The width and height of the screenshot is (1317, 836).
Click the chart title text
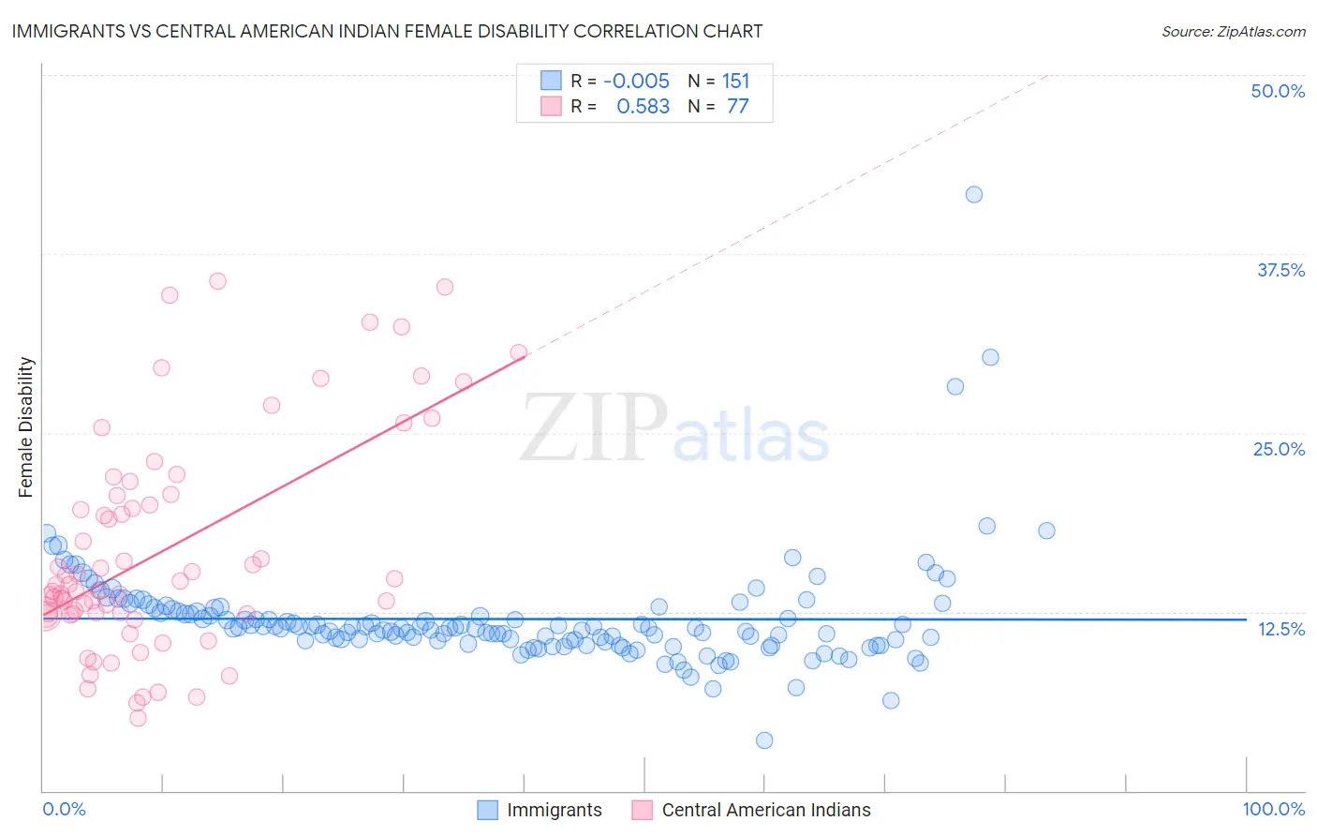click(x=387, y=31)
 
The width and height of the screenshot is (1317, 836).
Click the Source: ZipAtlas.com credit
click(x=1233, y=32)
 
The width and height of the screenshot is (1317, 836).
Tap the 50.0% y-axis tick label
click(x=1278, y=91)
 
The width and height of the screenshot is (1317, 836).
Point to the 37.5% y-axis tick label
click(x=1280, y=270)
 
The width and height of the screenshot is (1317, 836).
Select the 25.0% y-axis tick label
click(x=1279, y=449)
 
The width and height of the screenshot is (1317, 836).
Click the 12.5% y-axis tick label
click(x=1280, y=629)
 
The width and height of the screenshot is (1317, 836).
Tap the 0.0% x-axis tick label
click(x=64, y=809)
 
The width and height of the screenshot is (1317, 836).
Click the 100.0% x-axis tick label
click(x=1273, y=809)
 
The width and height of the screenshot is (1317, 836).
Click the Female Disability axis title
click(x=26, y=426)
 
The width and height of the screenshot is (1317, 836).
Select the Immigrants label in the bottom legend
click(x=555, y=810)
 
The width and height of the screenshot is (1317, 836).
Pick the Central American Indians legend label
click(x=766, y=810)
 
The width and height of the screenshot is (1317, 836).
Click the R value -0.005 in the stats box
click(x=636, y=82)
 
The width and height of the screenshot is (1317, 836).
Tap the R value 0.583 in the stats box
click(x=643, y=107)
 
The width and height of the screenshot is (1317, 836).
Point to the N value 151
click(x=735, y=82)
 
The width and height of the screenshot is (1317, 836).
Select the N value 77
click(x=738, y=107)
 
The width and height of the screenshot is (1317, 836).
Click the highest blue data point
click(x=974, y=194)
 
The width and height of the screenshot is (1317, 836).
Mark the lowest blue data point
click(x=764, y=740)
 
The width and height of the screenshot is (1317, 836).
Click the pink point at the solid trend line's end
click(x=518, y=353)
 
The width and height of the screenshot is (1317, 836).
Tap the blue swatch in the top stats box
click(x=551, y=81)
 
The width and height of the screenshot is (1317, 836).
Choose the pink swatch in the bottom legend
click(x=642, y=810)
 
